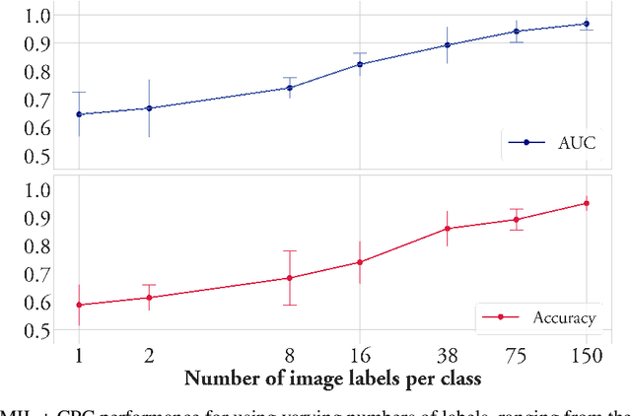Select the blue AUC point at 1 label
[79, 114]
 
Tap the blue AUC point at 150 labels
[586, 24]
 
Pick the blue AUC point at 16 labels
[360, 64]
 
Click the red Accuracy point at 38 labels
[447, 229]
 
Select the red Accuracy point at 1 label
[79, 306]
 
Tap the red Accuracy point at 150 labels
[586, 203]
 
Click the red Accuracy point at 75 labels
[517, 219]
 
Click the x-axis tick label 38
[447, 354]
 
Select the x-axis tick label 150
[586, 354]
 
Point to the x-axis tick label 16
[360, 354]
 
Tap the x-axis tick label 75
[517, 354]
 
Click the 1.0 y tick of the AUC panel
[36, 16]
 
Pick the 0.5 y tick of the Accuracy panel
[36, 332]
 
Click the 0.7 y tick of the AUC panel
[36, 101]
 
